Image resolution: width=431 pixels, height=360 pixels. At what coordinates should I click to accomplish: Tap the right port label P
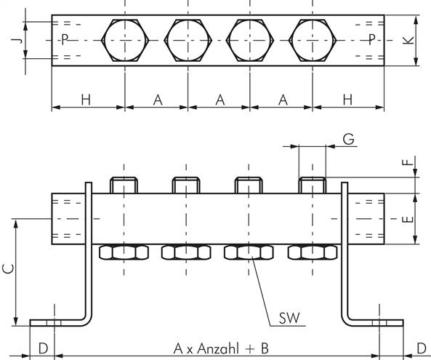tap(372, 39)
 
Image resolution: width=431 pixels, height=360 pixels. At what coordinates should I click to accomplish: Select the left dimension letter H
tap(86, 100)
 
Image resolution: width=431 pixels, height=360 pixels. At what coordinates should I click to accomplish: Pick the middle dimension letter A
tap(219, 100)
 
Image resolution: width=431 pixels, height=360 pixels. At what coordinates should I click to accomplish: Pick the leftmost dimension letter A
tap(156, 100)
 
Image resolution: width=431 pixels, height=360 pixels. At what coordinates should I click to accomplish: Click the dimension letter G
tap(349, 138)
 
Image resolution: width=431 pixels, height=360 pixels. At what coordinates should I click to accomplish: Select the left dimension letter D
tap(43, 348)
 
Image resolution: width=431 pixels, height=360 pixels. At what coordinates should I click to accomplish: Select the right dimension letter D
tap(421, 348)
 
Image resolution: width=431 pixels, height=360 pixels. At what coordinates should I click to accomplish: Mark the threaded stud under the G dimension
tap(313, 185)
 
